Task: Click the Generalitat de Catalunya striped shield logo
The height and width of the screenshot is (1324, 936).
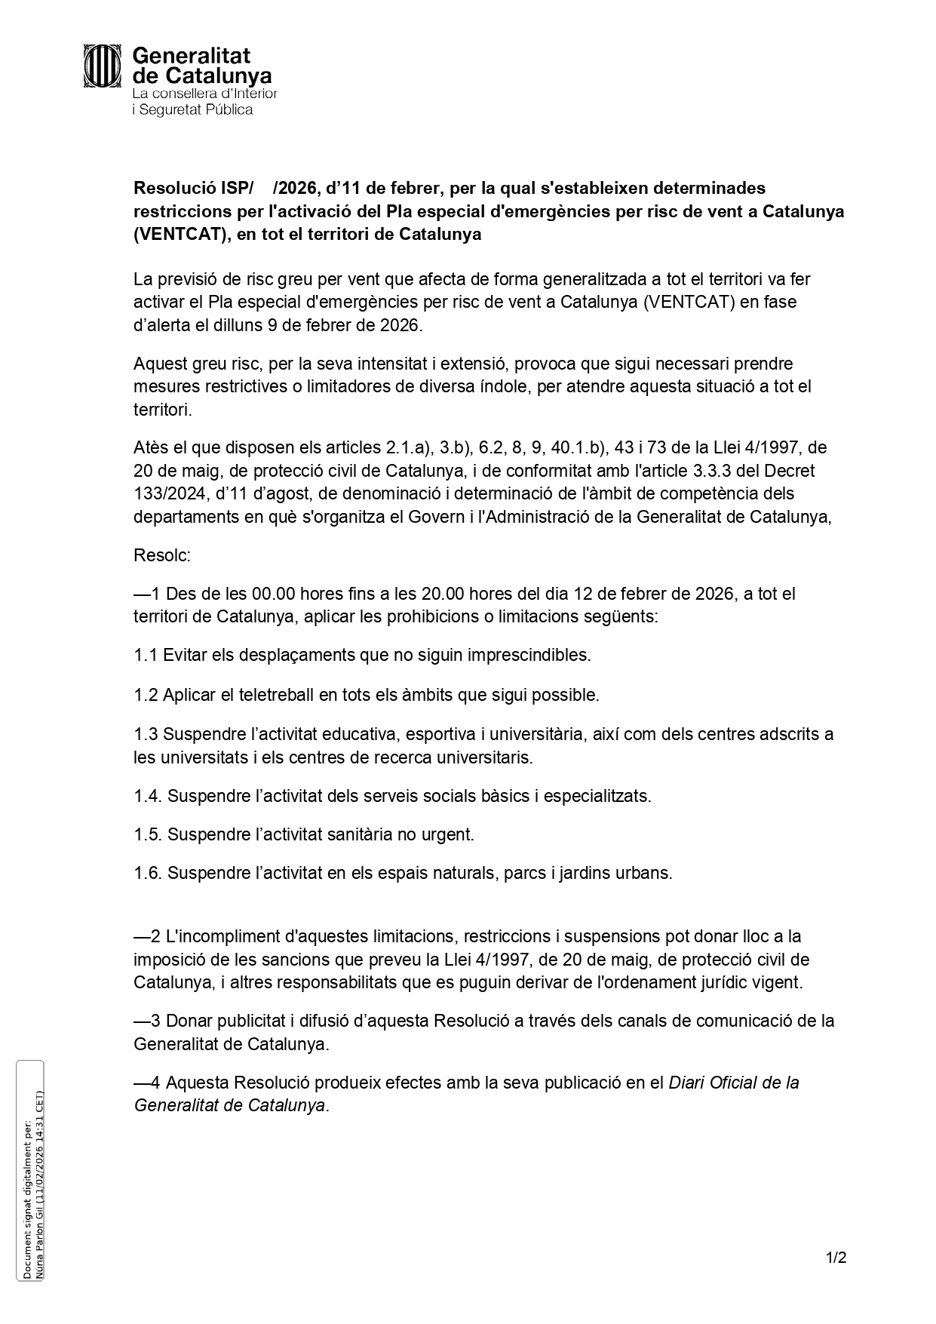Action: point(103,66)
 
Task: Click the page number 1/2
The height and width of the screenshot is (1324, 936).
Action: point(836,1258)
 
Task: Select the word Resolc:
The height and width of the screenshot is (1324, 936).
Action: point(162,556)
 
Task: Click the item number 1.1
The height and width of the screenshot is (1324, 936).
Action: point(146,656)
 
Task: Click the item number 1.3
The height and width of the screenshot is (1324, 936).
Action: point(146,734)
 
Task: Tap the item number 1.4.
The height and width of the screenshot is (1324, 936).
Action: point(148,796)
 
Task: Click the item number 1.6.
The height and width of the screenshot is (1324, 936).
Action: point(148,874)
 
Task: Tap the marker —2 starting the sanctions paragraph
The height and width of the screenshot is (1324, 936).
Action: point(147,936)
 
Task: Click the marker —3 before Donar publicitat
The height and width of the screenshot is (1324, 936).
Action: point(147,1021)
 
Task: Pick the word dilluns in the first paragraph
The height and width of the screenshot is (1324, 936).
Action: point(238,325)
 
